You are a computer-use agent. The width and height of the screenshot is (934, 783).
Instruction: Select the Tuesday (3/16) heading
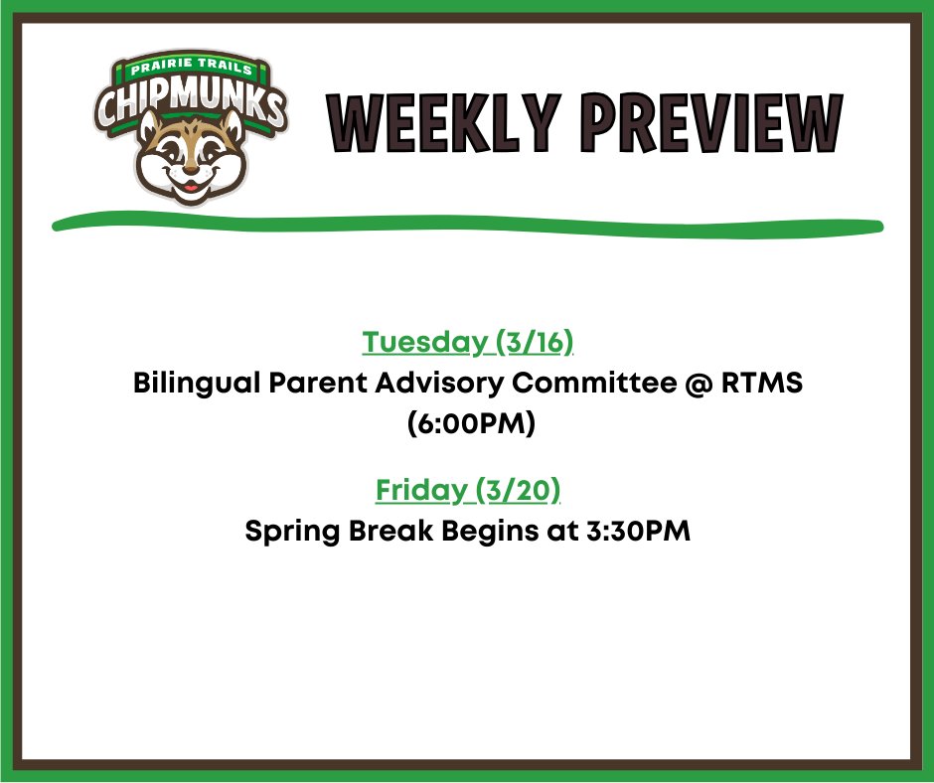tap(468, 343)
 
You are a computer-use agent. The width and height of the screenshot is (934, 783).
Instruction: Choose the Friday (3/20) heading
tap(468, 490)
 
